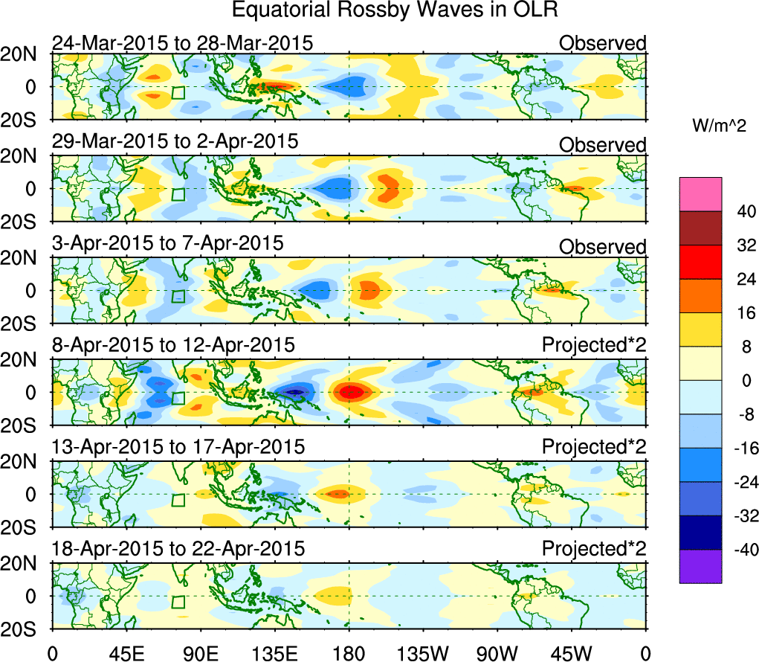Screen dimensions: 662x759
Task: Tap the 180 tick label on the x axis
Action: coord(348,652)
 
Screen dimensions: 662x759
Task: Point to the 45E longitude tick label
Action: coord(126,652)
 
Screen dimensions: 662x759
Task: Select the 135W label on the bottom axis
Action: coord(422,652)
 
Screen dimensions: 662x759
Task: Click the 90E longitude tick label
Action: coord(200,652)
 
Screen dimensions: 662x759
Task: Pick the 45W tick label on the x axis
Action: coord(571,652)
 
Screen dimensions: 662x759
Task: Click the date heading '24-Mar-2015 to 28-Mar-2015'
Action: coord(182,43)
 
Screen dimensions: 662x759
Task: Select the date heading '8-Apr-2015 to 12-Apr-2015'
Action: coord(173,346)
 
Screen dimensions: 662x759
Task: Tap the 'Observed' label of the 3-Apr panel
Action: coord(602,246)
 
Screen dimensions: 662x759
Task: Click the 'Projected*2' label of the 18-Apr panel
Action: coord(593,549)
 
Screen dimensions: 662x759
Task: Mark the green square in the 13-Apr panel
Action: coord(178,500)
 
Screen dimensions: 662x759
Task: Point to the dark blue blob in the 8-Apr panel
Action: coord(296,392)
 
